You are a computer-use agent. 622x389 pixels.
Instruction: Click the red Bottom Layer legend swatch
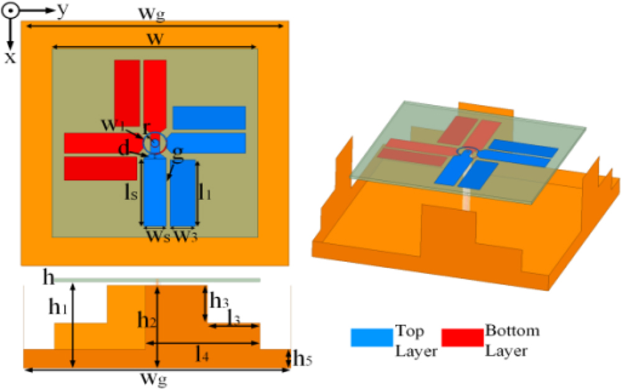pos(462,337)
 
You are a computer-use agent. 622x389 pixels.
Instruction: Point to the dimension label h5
pos(300,359)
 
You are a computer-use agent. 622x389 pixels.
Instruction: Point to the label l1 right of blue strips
pos(205,192)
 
